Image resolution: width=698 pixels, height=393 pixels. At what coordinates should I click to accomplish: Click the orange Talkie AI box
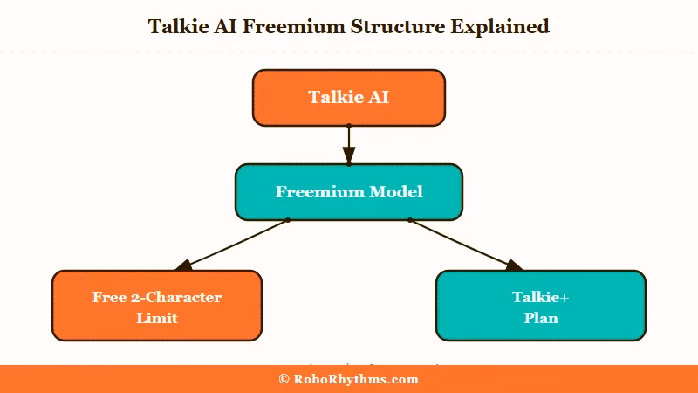349,97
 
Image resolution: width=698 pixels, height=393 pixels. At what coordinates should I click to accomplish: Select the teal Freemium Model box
349,191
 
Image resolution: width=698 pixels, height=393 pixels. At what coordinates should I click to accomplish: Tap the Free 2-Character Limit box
157,306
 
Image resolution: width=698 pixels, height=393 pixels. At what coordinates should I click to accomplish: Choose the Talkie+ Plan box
540,306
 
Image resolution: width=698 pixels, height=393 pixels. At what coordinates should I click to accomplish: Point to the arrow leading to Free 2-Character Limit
236,244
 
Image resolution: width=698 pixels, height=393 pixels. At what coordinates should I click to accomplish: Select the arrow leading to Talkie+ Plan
462,244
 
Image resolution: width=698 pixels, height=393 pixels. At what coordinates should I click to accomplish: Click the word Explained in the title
499,26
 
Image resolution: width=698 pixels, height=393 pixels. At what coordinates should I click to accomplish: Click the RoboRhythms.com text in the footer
356,379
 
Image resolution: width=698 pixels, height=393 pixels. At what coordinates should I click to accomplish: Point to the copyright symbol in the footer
284,379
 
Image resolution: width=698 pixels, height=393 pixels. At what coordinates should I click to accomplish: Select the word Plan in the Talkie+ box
540,318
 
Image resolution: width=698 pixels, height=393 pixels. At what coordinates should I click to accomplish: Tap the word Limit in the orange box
157,318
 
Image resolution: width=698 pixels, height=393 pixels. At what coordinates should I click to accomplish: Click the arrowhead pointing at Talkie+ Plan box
514,265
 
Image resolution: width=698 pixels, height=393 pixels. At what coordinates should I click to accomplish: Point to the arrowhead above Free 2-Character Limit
184,265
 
